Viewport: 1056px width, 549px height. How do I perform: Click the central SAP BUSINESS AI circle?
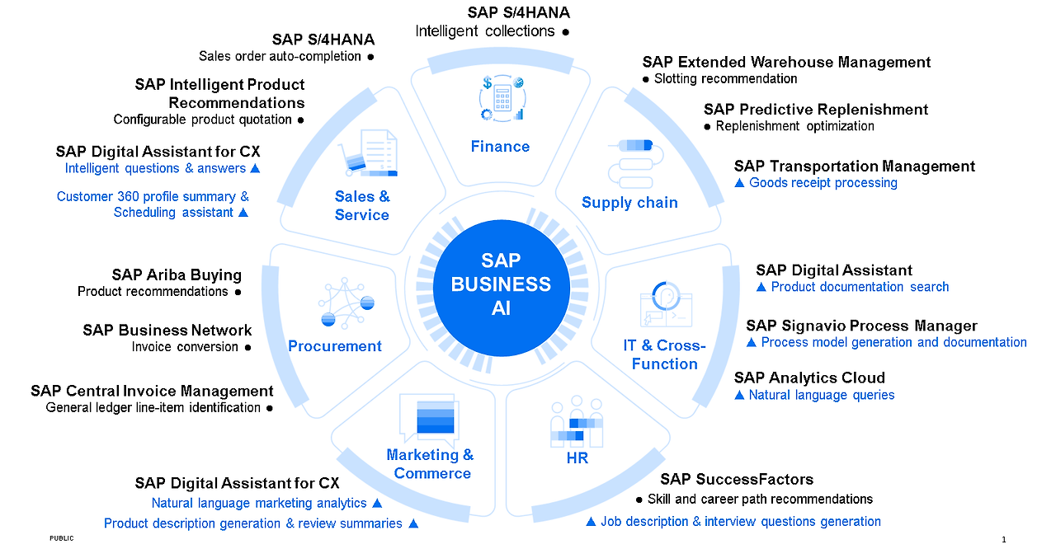coord(502,284)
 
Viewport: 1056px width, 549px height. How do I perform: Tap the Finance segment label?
coord(500,147)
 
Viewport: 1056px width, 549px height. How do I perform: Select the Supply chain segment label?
coord(629,203)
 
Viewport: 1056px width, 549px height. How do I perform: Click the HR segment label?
coord(577,458)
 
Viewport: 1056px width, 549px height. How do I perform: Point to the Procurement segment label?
coord(335,346)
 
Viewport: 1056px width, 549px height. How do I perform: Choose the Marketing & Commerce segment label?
coord(431,464)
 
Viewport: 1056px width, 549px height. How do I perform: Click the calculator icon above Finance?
coord(501,98)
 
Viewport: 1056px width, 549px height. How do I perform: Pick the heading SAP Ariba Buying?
coord(177,275)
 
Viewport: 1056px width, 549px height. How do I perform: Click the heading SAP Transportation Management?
coord(854,167)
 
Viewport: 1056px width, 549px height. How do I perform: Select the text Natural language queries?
coord(822,395)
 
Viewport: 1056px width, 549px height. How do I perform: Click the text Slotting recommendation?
coord(725,79)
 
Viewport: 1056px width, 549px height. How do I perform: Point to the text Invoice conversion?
coord(185,347)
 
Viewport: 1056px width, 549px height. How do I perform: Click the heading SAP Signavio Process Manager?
coord(861,326)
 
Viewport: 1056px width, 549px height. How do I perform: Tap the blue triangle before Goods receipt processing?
coord(739,183)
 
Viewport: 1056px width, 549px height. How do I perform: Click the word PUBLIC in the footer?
coord(61,538)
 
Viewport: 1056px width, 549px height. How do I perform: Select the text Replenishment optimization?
coord(794,126)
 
